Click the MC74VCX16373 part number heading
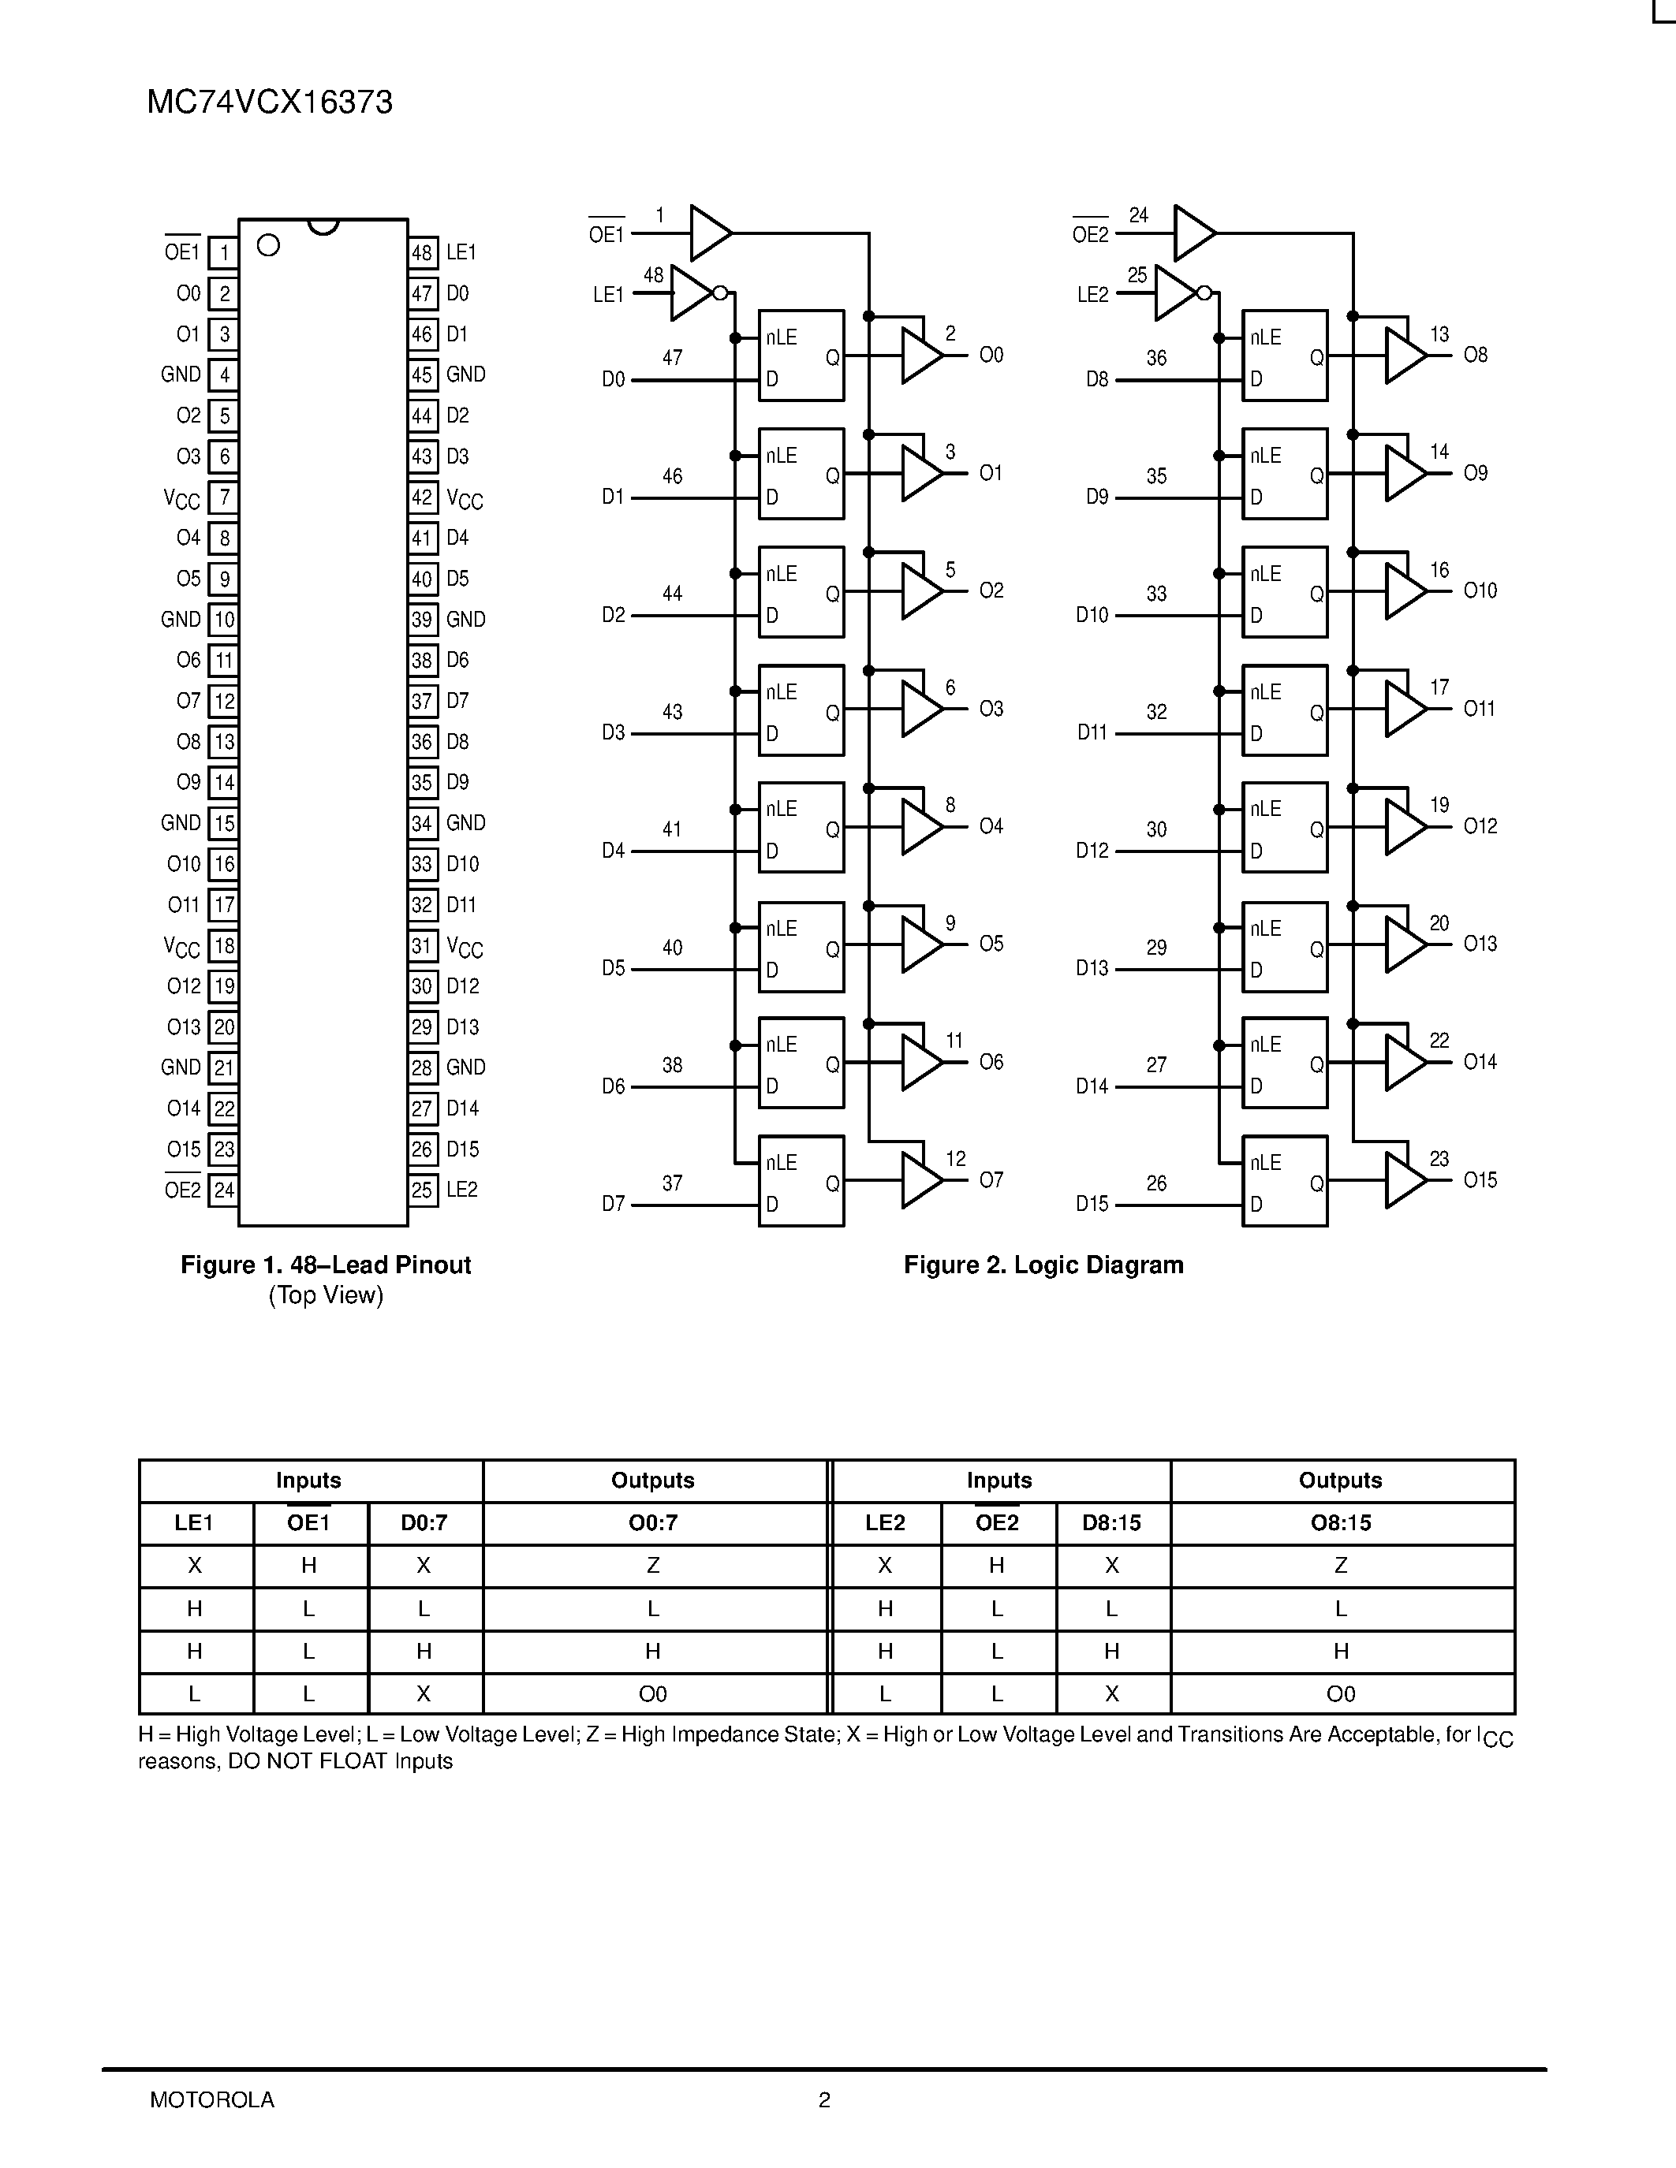pyautogui.click(x=269, y=102)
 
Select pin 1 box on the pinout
pyautogui.click(x=223, y=253)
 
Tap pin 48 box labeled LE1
pyautogui.click(x=423, y=253)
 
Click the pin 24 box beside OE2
pyautogui.click(x=223, y=1190)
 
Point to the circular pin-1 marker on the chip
pyautogui.click(x=268, y=245)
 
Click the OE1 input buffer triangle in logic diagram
pyautogui.click(x=709, y=233)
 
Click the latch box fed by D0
pyautogui.click(x=801, y=356)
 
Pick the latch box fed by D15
pyautogui.click(x=1285, y=1181)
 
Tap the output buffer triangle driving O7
pyautogui.click(x=920, y=1180)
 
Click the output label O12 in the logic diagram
pyautogui.click(x=1480, y=826)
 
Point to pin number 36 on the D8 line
pyautogui.click(x=1157, y=359)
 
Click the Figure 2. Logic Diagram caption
pyautogui.click(x=1043, y=1265)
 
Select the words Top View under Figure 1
pyautogui.click(x=326, y=1295)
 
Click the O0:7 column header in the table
pyautogui.click(x=653, y=1523)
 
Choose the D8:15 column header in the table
pyautogui.click(x=1112, y=1523)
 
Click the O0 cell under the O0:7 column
pyautogui.click(x=653, y=1693)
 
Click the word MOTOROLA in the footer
pyautogui.click(x=212, y=2099)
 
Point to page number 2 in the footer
pyautogui.click(x=824, y=2099)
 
